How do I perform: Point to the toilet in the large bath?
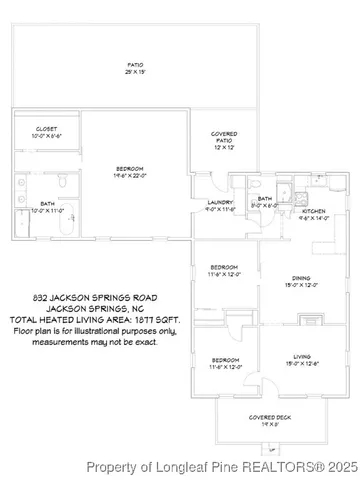tap(62, 181)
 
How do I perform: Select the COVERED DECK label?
tap(265, 420)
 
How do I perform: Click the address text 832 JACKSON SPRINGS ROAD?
tap(95, 297)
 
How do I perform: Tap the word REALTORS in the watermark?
tap(267, 466)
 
